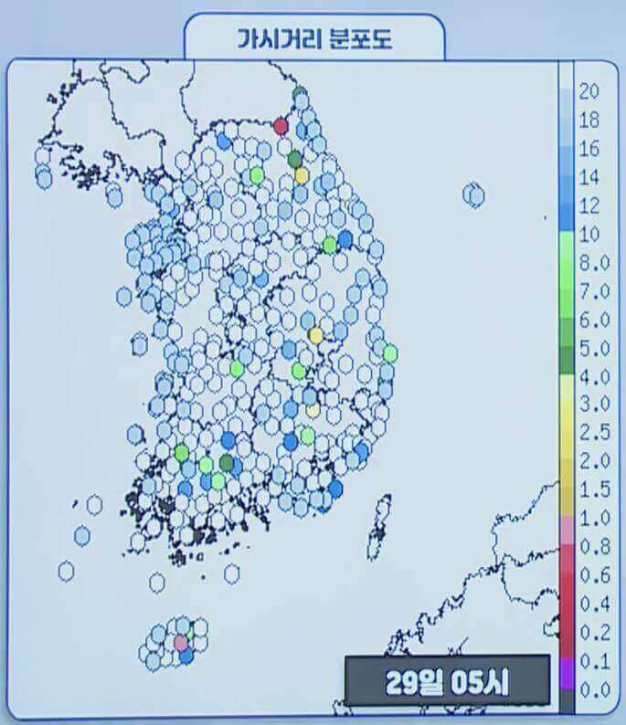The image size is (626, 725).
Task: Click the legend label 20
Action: click(589, 90)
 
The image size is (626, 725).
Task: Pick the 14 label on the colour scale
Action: click(589, 176)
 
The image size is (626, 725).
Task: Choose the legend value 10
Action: click(589, 234)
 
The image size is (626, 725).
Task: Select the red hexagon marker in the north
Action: click(281, 126)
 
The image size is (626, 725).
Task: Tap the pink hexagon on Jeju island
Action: click(181, 643)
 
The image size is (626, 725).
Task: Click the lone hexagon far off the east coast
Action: click(473, 194)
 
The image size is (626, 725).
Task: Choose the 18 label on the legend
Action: click(589, 120)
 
